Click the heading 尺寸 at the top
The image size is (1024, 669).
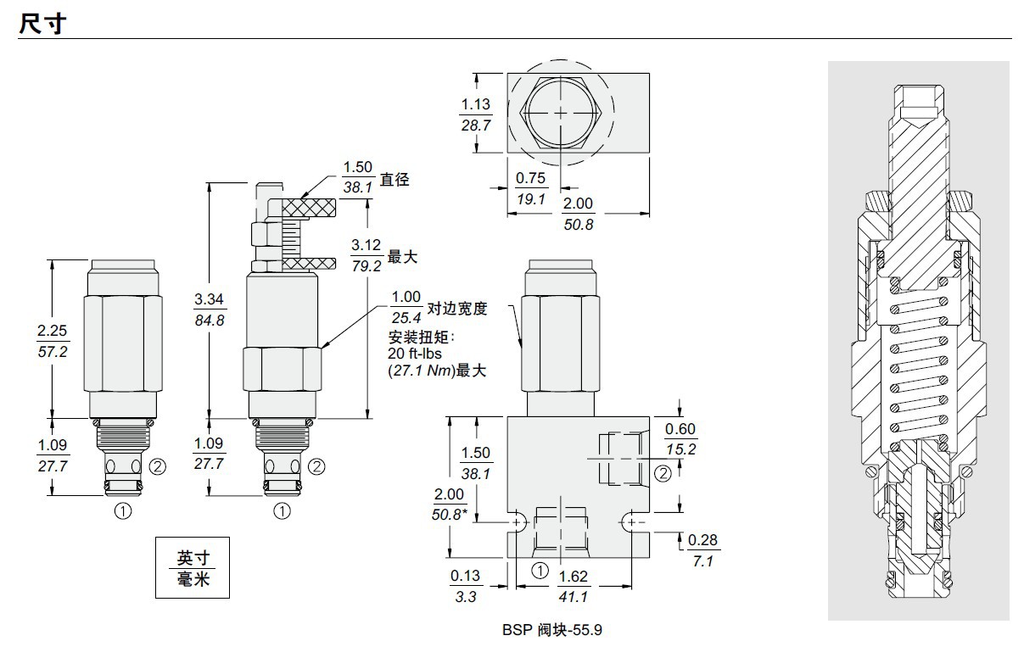(x=42, y=23)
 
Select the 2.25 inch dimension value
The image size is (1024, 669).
(x=53, y=331)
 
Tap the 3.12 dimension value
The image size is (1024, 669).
(x=367, y=245)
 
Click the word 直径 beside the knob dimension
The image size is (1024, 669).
(x=394, y=180)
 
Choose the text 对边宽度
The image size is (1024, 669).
(x=457, y=309)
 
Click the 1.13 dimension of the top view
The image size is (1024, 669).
(x=476, y=104)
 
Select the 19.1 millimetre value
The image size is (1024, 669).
(x=531, y=198)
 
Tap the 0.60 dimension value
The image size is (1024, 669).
(x=680, y=429)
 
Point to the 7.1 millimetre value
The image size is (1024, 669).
(x=703, y=561)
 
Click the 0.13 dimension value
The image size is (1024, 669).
(x=466, y=576)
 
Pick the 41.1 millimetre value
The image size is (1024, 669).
(x=574, y=597)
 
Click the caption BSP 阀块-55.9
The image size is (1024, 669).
(x=551, y=630)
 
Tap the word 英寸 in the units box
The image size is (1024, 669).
(x=192, y=559)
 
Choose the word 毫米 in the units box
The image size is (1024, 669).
(x=192, y=579)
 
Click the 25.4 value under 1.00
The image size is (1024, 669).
(x=406, y=318)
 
